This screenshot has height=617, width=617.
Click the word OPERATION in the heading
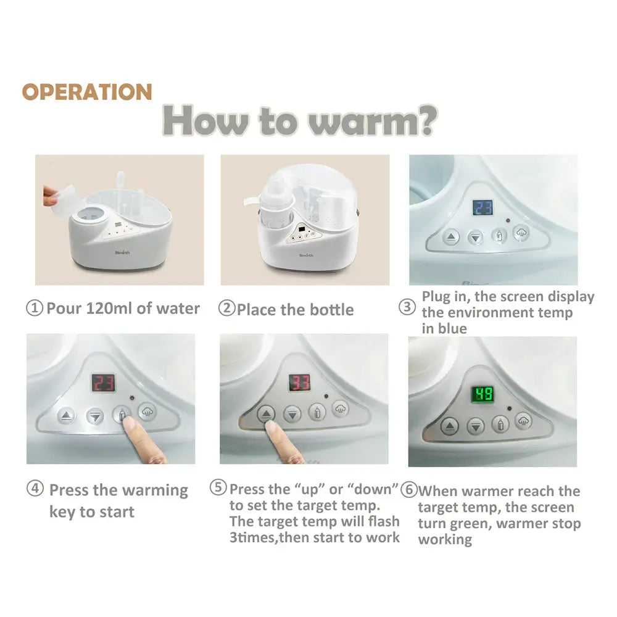87,92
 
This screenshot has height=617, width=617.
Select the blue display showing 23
482,207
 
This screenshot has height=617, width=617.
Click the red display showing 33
299,383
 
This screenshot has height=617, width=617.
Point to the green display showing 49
482,394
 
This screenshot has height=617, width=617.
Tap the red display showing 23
104,383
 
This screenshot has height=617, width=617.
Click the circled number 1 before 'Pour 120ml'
34,308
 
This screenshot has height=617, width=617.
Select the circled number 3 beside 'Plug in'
407,307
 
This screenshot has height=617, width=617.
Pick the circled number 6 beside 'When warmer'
409,490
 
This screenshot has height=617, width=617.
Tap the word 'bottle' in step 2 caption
332,310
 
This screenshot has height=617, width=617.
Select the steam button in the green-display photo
523,421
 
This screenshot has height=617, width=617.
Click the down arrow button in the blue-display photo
475,238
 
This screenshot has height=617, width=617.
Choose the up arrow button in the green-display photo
449,426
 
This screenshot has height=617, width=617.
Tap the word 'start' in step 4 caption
117,512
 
